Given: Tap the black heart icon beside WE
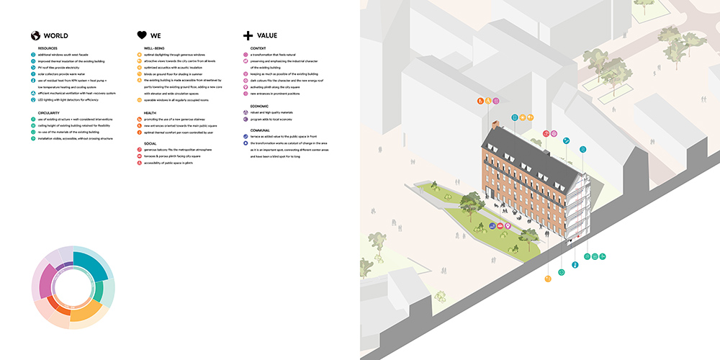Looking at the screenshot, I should point(142,35).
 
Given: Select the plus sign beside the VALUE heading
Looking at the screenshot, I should point(248,35).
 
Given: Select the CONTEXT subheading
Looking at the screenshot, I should point(258,48).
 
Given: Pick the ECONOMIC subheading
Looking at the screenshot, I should point(260,106).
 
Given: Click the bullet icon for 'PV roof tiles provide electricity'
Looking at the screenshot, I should point(33,68).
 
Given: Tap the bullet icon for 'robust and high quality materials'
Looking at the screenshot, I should point(246,113).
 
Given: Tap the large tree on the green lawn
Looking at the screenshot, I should point(471,203).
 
